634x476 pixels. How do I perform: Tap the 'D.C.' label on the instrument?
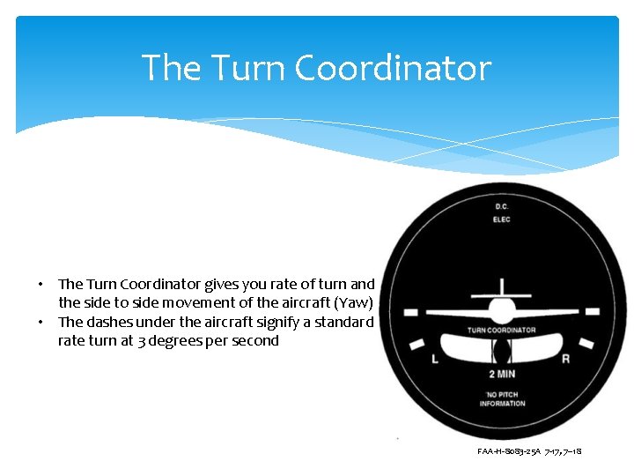(x=502, y=206)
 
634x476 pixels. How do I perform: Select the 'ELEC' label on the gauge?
(x=502, y=219)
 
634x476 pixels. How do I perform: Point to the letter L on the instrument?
(x=435, y=359)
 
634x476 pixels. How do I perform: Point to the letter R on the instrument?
(x=565, y=359)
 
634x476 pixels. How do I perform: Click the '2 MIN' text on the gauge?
(x=502, y=374)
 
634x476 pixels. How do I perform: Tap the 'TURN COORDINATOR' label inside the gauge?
(x=501, y=331)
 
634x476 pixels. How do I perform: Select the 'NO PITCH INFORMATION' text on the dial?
(x=502, y=398)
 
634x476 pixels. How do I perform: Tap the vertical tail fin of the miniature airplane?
(x=502, y=287)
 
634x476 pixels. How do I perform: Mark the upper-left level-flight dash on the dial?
(x=410, y=312)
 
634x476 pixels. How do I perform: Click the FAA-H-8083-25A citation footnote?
(x=529, y=451)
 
